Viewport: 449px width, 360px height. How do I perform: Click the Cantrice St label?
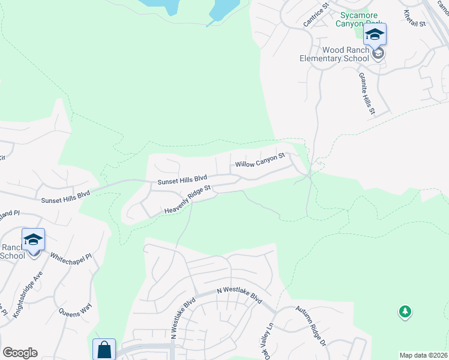[x=318, y=14]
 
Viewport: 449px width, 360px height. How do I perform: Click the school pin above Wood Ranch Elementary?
[x=375, y=35]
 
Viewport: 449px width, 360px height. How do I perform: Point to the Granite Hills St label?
[x=366, y=94]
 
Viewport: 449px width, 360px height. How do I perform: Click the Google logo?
[x=20, y=353]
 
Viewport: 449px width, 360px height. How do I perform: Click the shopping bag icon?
[x=104, y=350]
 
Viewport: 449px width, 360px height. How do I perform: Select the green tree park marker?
[x=405, y=311]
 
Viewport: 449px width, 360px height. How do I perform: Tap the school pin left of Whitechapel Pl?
[x=33, y=241]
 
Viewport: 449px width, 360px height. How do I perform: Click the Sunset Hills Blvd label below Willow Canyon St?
[x=182, y=179]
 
